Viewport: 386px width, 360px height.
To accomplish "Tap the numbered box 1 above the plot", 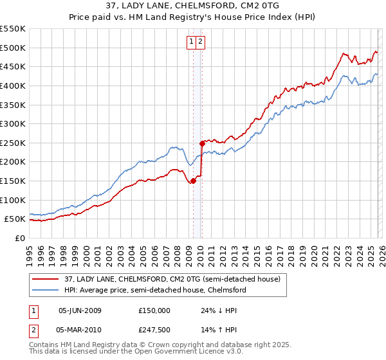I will click(x=192, y=42).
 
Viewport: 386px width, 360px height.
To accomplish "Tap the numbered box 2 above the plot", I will click(x=201, y=42).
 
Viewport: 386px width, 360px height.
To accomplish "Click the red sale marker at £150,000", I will click(x=192, y=181).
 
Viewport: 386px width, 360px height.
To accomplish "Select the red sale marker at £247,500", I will click(x=201, y=143).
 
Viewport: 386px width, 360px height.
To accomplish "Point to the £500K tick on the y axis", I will click(x=14, y=48).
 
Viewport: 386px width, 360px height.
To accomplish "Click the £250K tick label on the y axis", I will click(x=14, y=143).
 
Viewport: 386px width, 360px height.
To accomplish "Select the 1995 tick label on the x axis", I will click(x=30, y=251).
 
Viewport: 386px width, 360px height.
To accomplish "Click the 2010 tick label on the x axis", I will click(x=200, y=251).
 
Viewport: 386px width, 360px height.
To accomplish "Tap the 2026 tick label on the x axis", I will click(x=381, y=251).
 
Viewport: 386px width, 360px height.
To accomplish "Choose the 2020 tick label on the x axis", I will click(x=313, y=251).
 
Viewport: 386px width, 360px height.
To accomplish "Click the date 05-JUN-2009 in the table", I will click(x=80, y=310).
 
